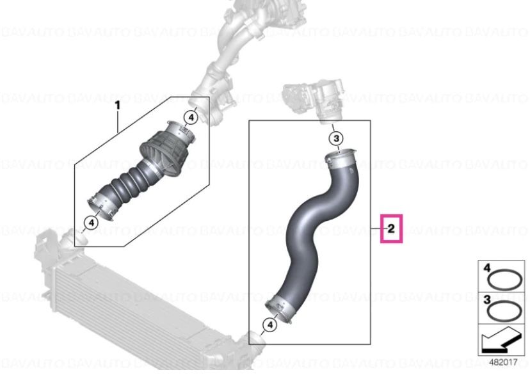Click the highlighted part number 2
(391, 227)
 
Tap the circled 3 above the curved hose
(335, 139)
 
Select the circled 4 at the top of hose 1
(190, 117)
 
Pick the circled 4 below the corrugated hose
(91, 223)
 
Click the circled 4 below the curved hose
(269, 326)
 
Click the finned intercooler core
(128, 301)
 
